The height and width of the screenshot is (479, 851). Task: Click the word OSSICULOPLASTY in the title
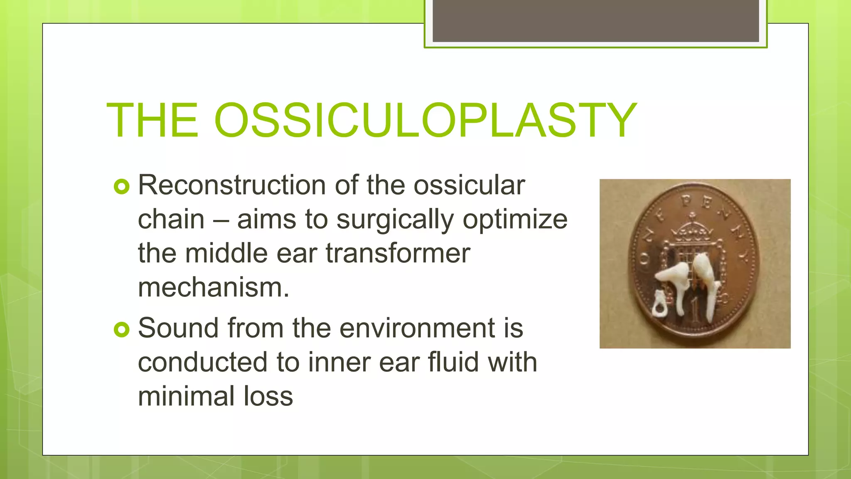(x=425, y=121)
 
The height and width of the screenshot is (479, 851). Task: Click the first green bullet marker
(x=121, y=187)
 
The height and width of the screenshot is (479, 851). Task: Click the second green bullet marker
(x=121, y=330)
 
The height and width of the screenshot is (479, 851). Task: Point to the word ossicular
(x=469, y=185)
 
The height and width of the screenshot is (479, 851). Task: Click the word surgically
(x=395, y=220)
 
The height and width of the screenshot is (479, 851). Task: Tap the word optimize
(x=515, y=220)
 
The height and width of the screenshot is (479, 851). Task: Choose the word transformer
(x=398, y=253)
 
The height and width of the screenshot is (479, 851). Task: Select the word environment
(x=418, y=328)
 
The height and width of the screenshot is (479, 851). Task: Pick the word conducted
(x=203, y=362)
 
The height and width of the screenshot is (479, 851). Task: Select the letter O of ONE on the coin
(x=644, y=260)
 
